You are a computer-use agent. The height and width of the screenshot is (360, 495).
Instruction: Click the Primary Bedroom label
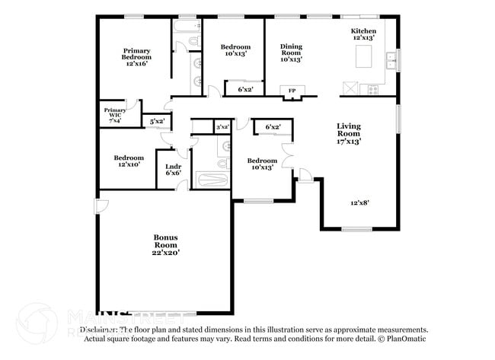pyautogui.click(x=137, y=56)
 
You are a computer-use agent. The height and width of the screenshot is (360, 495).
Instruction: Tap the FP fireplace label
pyautogui.click(x=291, y=91)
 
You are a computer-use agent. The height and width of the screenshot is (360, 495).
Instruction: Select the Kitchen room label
pyautogui.click(x=362, y=34)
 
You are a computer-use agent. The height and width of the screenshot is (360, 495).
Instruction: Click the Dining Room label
pyautogui.click(x=291, y=53)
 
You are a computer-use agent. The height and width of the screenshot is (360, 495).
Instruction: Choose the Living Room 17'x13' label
pyautogui.click(x=349, y=133)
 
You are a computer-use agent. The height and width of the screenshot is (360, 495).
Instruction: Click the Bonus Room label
pyautogui.click(x=165, y=245)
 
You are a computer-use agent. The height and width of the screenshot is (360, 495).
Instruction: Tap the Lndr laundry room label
pyautogui.click(x=173, y=170)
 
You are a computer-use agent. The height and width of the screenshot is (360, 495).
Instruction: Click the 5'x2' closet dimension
pyautogui.click(x=157, y=121)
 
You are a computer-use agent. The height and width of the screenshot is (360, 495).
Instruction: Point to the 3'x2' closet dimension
pyautogui.click(x=223, y=127)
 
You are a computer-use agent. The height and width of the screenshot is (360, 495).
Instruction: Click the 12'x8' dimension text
pyautogui.click(x=359, y=202)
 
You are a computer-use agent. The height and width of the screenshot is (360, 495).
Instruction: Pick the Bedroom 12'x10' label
pyautogui.click(x=129, y=161)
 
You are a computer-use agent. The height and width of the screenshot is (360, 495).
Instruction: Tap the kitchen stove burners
pyautogui.click(x=373, y=88)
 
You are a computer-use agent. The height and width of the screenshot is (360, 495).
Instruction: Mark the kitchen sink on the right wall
pyautogui.click(x=391, y=59)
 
